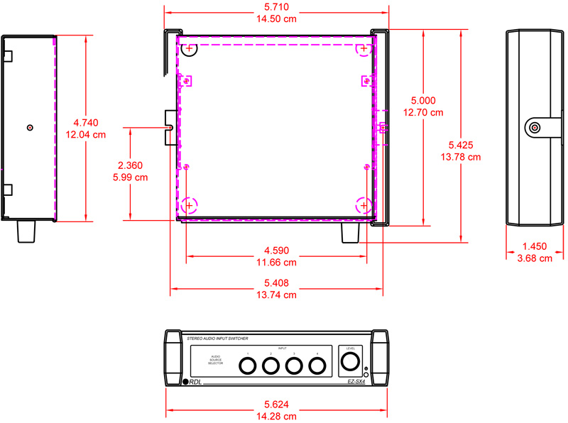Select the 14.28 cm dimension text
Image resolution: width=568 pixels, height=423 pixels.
(277, 415)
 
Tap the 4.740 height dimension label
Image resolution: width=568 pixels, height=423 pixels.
(85, 123)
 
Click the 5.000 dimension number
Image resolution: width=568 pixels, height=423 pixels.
(422, 101)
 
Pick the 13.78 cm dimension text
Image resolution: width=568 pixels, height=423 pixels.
(461, 157)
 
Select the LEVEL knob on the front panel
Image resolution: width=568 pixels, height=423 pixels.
(351, 363)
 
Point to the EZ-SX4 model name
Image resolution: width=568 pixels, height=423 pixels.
(356, 382)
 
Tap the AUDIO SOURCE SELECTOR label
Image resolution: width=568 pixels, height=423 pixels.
(216, 360)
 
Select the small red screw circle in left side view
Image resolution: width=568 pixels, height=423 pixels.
(29, 128)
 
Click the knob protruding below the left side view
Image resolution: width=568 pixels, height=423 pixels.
(26, 231)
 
